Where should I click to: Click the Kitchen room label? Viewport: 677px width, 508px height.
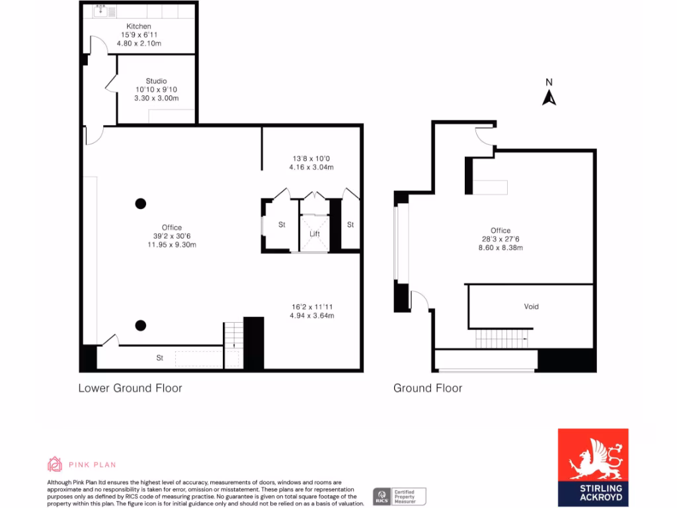tap(139, 26)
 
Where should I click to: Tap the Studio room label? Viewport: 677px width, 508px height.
tap(156, 81)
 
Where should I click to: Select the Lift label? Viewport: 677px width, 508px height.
tap(315, 234)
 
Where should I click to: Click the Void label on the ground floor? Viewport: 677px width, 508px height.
tap(531, 307)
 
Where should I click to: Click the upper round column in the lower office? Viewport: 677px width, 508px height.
tap(140, 203)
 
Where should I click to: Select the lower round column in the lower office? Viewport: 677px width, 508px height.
tap(140, 325)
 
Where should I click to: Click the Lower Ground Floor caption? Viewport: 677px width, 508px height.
tap(130, 388)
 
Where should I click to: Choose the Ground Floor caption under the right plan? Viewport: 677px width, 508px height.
tap(428, 388)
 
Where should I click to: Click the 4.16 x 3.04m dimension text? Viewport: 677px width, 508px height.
tap(311, 167)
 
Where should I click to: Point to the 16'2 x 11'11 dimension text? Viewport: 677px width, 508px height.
tap(311, 307)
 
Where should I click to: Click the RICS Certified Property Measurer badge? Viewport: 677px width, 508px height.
tap(399, 496)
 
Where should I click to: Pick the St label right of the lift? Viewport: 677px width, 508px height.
tap(350, 225)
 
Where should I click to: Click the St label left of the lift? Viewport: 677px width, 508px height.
tap(282, 225)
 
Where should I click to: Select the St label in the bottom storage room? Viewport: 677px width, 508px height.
tap(160, 358)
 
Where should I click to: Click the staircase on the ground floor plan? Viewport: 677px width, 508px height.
tap(502, 339)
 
